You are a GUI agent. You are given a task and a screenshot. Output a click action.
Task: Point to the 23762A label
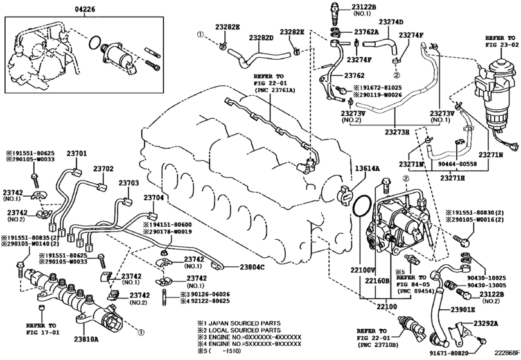click(366, 32)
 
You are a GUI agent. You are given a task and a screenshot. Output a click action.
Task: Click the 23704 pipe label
click(154, 197)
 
